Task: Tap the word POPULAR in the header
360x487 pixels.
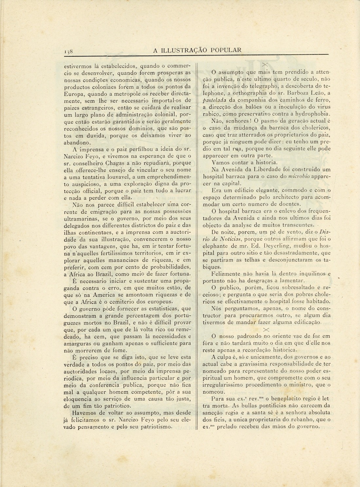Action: (x=226, y=50)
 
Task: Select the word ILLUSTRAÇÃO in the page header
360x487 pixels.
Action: (x=184, y=50)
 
